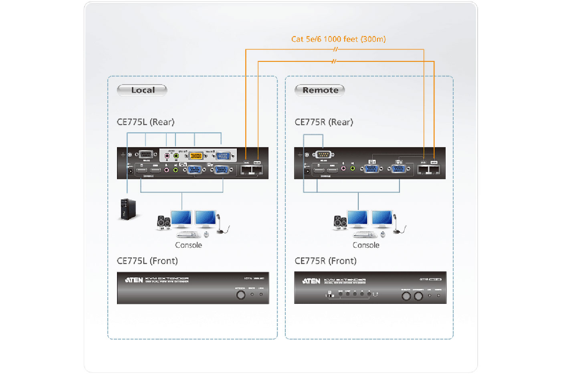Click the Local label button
pos(142,90)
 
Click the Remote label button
pos(320,90)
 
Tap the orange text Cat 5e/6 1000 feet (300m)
pos(338,39)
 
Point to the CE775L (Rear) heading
pos(145,122)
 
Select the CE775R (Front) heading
pos(325,261)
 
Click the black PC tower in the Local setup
pos(128,209)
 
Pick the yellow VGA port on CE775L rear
pos(196,156)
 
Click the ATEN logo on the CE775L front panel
pos(134,280)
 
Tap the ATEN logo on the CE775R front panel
pos(311,281)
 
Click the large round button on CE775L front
pos(240,295)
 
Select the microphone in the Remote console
pos(397,224)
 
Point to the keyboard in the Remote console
pos(365,234)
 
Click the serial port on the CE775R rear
pos(323,154)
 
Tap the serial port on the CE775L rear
pos(145,154)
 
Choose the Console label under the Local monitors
pos(188,245)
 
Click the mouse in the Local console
pos(206,234)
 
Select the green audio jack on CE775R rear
pos(353,169)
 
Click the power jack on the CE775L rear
pos(130,171)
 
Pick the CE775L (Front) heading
pos(147,261)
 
